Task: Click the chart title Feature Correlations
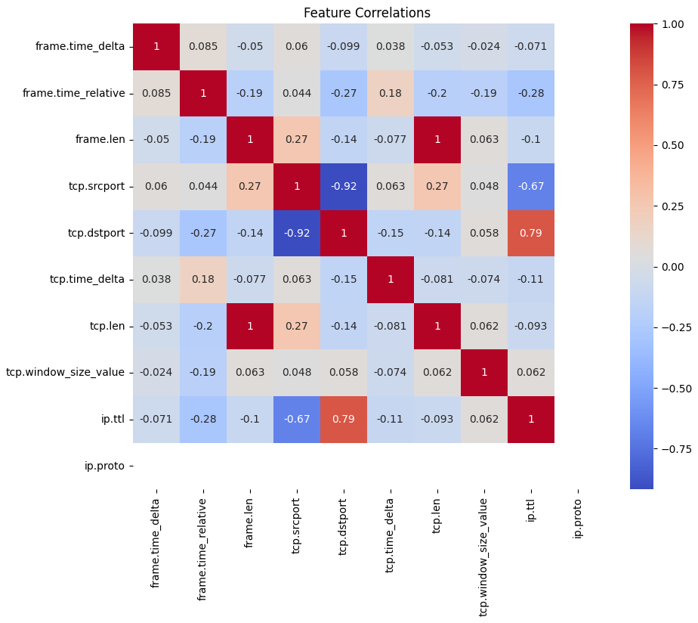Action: click(x=366, y=13)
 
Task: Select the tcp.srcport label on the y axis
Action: click(x=96, y=187)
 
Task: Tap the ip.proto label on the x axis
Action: click(x=578, y=518)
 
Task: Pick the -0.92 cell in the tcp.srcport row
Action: click(x=344, y=187)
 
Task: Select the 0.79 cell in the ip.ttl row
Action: click(x=344, y=420)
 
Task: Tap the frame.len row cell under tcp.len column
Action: click(x=437, y=140)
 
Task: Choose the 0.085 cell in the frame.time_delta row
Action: click(x=203, y=47)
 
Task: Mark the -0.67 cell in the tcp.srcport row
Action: click(x=531, y=187)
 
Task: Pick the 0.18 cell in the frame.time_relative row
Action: click(x=391, y=94)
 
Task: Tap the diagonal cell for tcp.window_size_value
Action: click(x=484, y=373)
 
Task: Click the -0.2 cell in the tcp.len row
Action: click(x=203, y=327)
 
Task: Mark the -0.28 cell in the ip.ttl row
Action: click(x=203, y=420)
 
